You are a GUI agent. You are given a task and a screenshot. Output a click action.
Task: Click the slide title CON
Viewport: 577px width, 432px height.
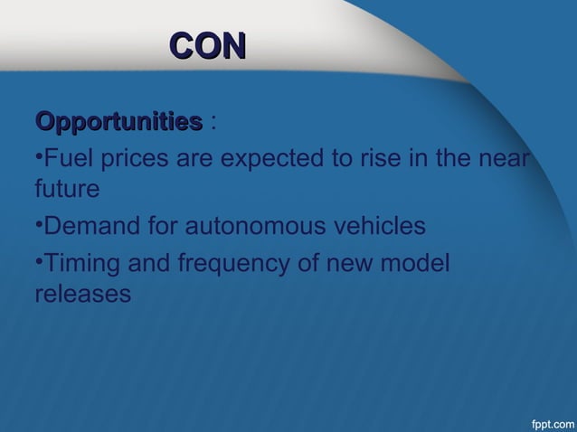[x=208, y=46]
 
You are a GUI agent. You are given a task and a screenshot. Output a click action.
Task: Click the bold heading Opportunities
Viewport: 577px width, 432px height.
[x=118, y=121]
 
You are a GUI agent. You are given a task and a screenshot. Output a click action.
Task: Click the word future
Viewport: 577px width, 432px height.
[x=66, y=191]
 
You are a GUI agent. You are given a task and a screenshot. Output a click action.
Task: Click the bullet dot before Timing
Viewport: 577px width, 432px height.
[x=39, y=262]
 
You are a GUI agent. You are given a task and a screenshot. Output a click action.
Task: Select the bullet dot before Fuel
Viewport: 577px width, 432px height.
[x=39, y=156]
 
